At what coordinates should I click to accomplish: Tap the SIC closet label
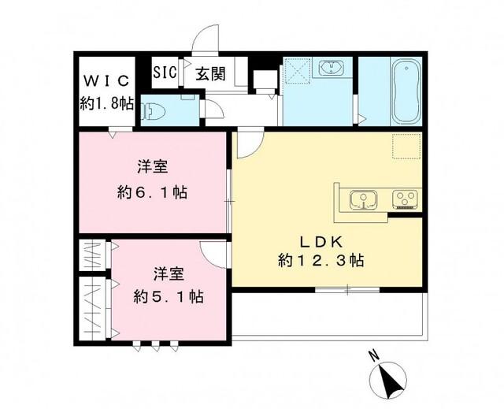164,73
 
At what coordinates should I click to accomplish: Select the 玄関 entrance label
210,74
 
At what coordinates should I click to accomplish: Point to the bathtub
406,91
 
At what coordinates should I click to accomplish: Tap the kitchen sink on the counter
363,200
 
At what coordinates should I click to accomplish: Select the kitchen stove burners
404,199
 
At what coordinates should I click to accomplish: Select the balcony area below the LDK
331,315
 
